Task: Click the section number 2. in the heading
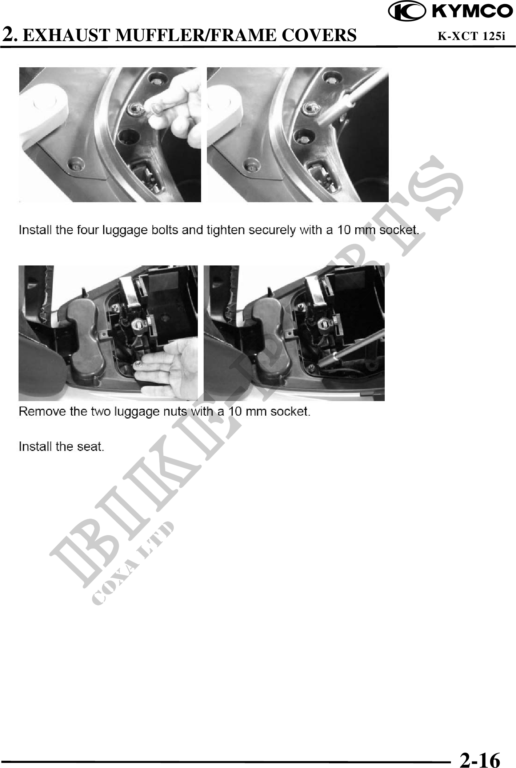pos(9,35)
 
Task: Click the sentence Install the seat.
pos(61,446)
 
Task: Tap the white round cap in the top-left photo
pos(44,109)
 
